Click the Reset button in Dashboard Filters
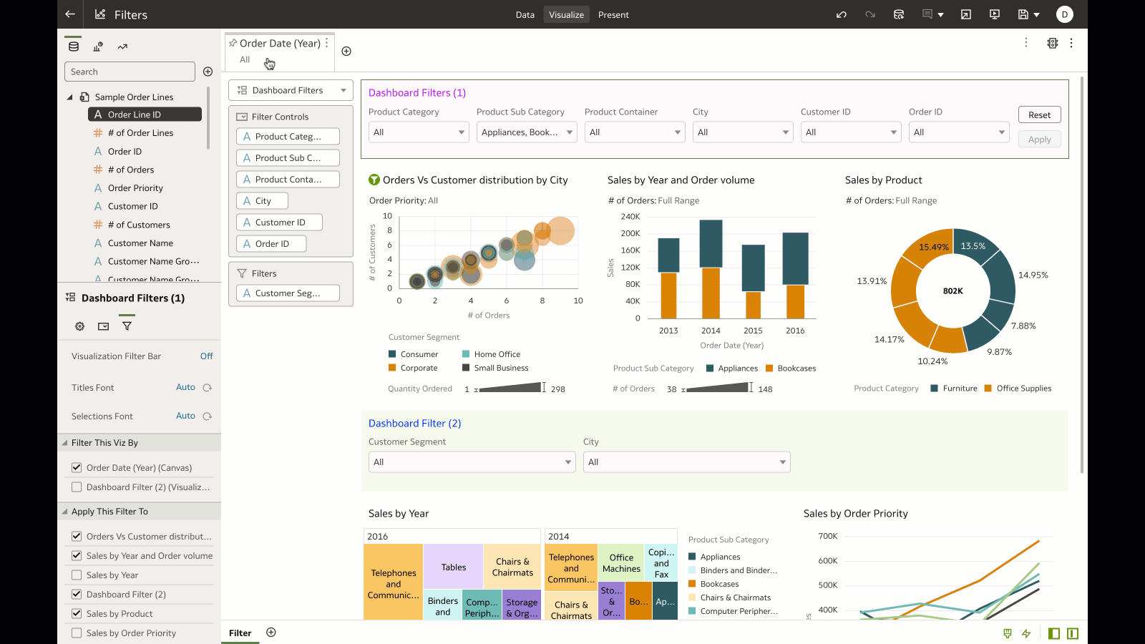(1039, 115)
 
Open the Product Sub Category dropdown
(527, 132)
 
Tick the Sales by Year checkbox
(77, 575)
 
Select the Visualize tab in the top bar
(566, 14)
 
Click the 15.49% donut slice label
(934, 248)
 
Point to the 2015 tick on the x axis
(753, 331)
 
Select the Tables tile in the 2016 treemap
(453, 567)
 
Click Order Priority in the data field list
(135, 188)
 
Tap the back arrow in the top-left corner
(69, 14)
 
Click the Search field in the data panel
(130, 72)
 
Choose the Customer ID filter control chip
(279, 223)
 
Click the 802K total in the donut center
(952, 291)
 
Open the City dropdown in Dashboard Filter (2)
(686, 462)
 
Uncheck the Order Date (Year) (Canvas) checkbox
(77, 468)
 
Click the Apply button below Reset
(1039, 140)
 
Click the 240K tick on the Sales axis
(630, 217)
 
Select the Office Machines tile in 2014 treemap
(621, 563)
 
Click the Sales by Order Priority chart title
(855, 514)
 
